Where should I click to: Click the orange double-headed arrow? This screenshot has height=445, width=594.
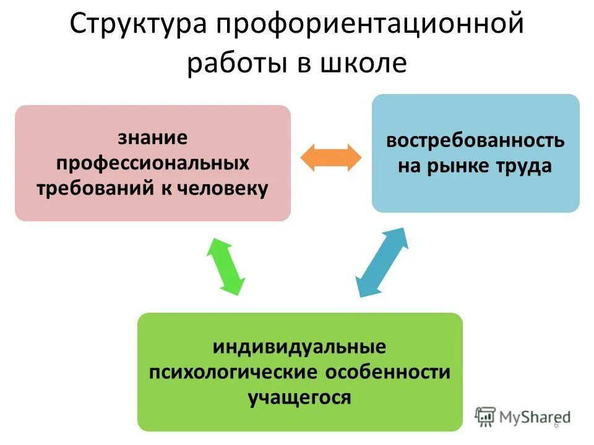pyautogui.click(x=330, y=157)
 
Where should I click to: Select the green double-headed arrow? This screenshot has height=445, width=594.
pyautogui.click(x=225, y=265)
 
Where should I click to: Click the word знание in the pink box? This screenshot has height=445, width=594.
pyautogui.click(x=152, y=138)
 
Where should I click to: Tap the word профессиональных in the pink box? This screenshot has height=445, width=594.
pyautogui.click(x=153, y=163)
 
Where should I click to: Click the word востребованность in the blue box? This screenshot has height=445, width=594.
pyautogui.click(x=475, y=140)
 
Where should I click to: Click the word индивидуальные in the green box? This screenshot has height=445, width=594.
pyautogui.click(x=299, y=347)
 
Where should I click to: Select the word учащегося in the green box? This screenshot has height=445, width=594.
pyautogui.click(x=299, y=397)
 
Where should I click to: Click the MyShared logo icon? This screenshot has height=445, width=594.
pyautogui.click(x=485, y=417)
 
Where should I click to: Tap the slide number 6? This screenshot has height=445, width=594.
pyautogui.click(x=556, y=425)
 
